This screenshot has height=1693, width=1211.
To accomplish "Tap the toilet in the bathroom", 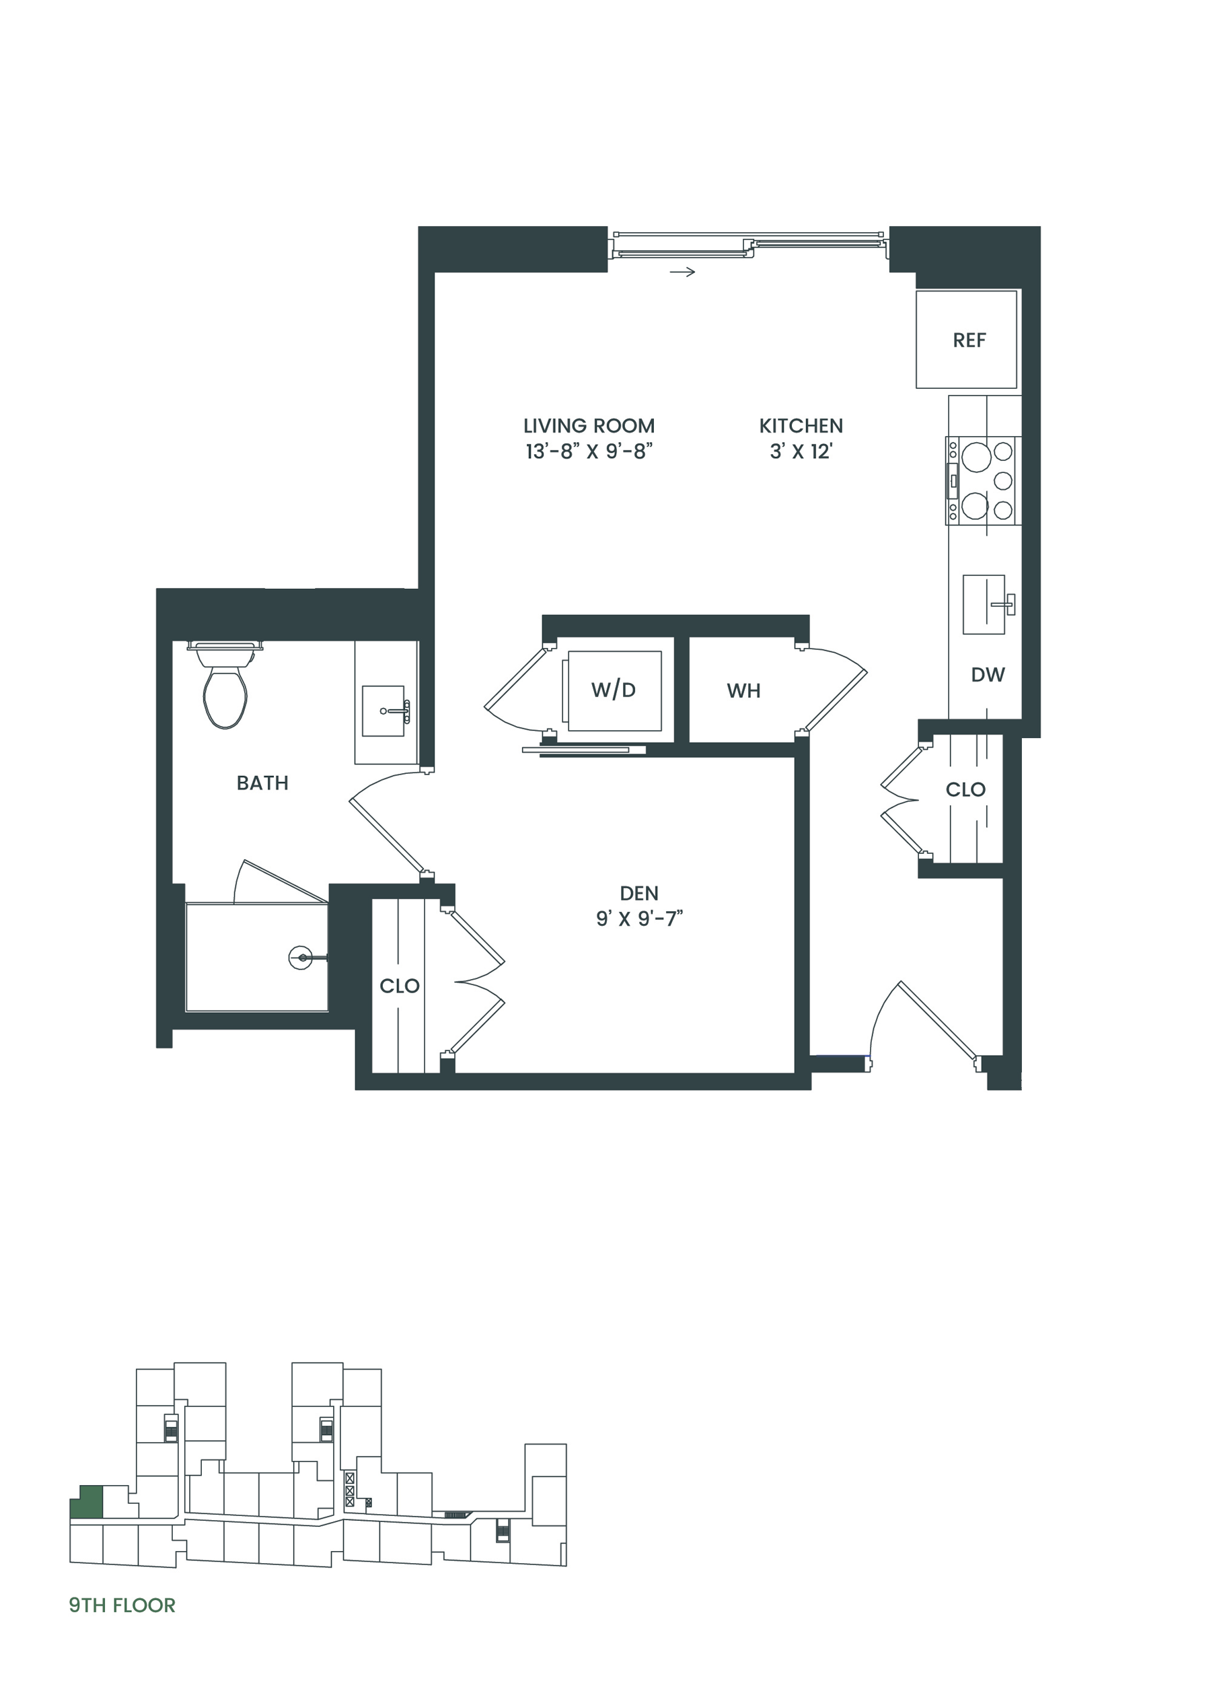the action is [x=225, y=684].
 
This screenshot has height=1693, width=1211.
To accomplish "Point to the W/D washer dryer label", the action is [x=613, y=690].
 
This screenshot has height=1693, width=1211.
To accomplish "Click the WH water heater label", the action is [x=743, y=690].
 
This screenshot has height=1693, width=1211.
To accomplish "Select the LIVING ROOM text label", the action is [x=589, y=426].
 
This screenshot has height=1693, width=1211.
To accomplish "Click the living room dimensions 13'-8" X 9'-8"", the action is [x=589, y=452].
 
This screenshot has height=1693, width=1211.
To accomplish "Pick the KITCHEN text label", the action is [x=801, y=426].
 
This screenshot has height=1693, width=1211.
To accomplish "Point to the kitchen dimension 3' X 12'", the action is [x=801, y=452].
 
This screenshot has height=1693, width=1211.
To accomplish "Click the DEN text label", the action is [x=639, y=893].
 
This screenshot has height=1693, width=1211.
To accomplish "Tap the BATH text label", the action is [x=262, y=783].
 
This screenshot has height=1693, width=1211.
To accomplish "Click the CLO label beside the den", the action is [x=399, y=986].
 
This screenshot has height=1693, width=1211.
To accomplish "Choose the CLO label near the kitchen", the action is [x=965, y=789].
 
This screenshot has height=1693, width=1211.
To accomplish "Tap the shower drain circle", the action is [x=301, y=958].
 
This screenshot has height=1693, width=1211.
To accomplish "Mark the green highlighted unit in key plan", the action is [x=87, y=1501].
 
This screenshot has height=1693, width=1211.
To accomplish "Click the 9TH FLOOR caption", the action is [x=122, y=1605].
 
